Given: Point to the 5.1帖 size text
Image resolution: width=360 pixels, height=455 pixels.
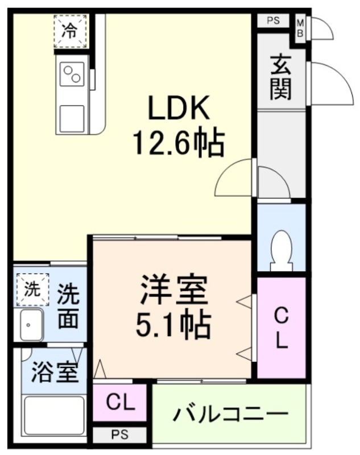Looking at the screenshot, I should (173, 325).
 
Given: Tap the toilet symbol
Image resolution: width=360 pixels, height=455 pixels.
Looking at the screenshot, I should (282, 250).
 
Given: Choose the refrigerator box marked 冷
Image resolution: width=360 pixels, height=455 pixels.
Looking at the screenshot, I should (69, 31).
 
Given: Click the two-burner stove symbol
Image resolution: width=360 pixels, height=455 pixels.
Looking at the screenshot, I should (72, 76).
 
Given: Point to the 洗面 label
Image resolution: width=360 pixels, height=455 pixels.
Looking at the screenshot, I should (68, 307).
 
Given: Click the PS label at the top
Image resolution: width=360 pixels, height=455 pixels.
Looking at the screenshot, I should (274, 22).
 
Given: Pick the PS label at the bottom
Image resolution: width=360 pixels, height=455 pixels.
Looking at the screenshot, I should (119, 435).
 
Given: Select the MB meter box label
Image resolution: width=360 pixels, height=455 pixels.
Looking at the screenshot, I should (300, 28).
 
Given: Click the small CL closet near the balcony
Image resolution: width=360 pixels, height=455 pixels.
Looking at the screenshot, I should (121, 403).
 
